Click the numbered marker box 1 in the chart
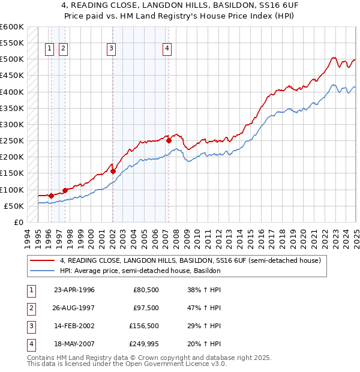49,49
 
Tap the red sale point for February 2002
113,171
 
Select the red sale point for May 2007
169,140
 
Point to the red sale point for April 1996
51,196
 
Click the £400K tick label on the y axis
11,92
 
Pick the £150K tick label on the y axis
11,173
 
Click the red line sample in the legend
43,260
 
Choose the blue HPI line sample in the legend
43,271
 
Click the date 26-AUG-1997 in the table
74,308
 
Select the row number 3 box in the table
31,326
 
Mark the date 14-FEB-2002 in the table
74,326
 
